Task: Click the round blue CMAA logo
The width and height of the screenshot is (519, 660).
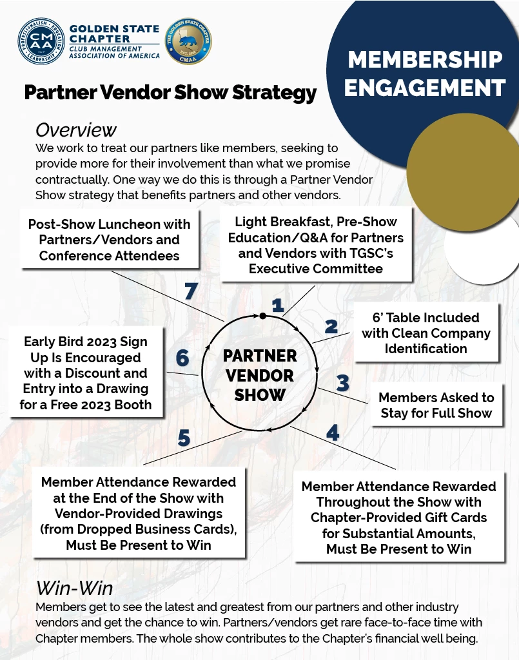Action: point(41,41)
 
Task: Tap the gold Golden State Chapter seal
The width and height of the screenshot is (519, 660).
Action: point(189,41)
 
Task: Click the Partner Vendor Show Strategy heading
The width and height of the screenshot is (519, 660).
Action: point(170,93)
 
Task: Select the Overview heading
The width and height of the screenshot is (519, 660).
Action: point(76,130)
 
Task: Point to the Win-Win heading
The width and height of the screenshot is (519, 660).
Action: point(74,588)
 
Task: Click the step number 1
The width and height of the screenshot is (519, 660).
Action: point(278,305)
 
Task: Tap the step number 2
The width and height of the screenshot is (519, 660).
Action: point(331,327)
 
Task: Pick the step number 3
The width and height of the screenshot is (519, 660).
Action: point(342,383)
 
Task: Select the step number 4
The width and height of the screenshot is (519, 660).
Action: point(332,432)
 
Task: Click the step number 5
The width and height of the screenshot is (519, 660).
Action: point(184,438)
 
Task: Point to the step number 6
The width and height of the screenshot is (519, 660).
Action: point(182,358)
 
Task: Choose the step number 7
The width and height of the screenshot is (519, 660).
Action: point(190,292)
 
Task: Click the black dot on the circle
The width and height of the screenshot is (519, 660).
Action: point(262,315)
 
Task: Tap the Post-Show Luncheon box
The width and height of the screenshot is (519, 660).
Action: point(109,240)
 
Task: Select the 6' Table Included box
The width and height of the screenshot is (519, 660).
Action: point(426,333)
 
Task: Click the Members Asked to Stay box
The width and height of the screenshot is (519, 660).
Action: point(436,405)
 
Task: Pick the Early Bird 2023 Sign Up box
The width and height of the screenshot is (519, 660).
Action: point(86,373)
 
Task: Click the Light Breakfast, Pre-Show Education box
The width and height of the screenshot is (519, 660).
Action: point(316,245)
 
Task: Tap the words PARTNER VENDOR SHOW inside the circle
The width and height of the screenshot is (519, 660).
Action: point(260,375)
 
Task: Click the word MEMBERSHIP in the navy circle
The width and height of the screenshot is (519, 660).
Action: point(426,60)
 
